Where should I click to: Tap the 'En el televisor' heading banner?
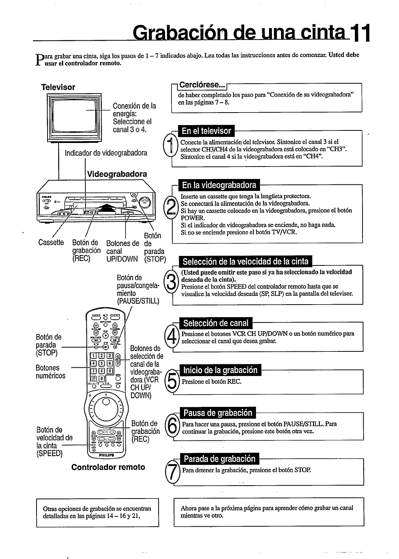[206, 131]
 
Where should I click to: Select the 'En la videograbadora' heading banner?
[219, 185]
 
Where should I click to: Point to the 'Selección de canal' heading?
[216, 323]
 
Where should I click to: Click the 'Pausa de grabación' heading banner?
[218, 413]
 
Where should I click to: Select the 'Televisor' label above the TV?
[58, 87]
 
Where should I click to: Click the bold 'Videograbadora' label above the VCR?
[117, 174]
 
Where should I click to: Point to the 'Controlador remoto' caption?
[108, 467]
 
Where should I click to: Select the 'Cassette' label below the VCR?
[51, 243]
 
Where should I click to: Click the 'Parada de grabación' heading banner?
[219, 459]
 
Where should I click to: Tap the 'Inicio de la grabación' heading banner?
[220, 370]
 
